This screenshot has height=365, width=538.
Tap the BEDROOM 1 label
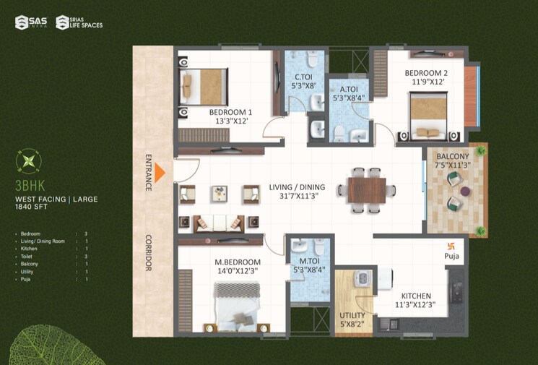(x=230, y=113)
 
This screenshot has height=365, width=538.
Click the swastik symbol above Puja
(x=453, y=245)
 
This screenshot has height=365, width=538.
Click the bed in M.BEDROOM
(x=236, y=302)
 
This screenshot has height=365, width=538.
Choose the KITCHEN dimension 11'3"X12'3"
(x=417, y=306)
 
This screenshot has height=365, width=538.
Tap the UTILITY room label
(x=352, y=316)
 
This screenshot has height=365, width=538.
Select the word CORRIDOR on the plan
(x=149, y=253)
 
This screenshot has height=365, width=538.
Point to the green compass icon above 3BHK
(x=29, y=161)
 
